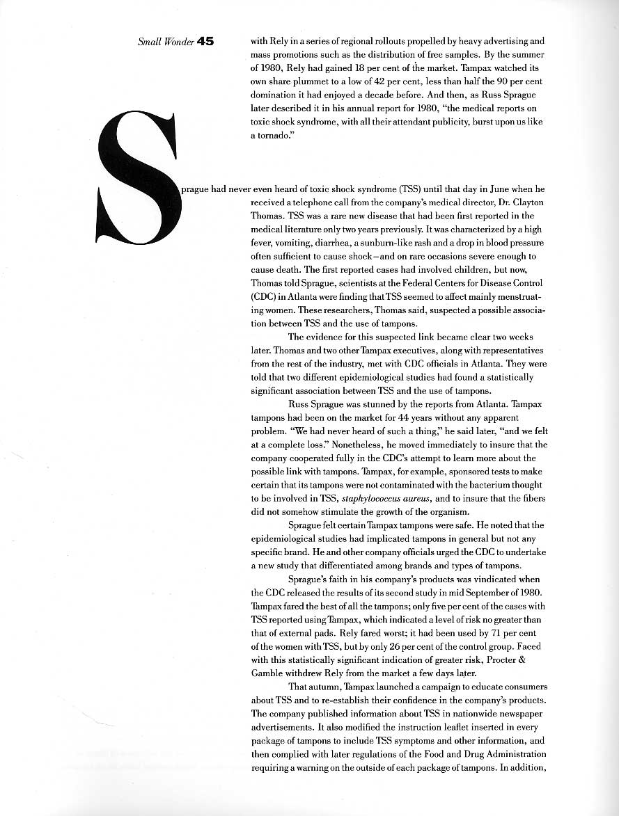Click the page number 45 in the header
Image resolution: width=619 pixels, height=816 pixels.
205,42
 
